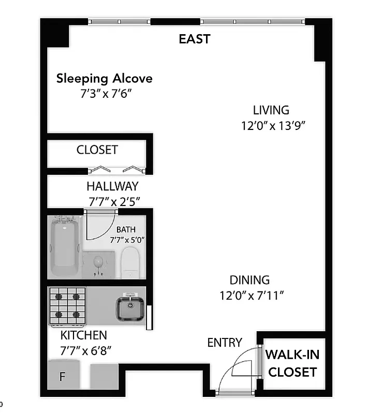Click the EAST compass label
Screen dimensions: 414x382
pyautogui.click(x=194, y=39)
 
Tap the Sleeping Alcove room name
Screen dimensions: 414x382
pyautogui.click(x=105, y=79)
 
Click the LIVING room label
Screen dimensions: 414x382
pyautogui.click(x=271, y=110)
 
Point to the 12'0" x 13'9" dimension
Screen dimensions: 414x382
pyautogui.click(x=271, y=125)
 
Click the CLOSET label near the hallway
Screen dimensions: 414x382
pyautogui.click(x=97, y=150)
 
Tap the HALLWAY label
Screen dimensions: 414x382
pyautogui.click(x=112, y=186)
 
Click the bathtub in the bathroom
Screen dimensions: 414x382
pyautogui.click(x=65, y=247)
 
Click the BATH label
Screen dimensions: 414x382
pyautogui.click(x=127, y=229)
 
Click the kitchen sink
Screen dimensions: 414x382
pyautogui.click(x=129, y=307)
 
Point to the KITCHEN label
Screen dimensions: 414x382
pyautogui.click(x=84, y=335)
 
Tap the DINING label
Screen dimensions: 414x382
pyautogui.click(x=250, y=280)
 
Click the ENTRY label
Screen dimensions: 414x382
pyautogui.click(x=225, y=342)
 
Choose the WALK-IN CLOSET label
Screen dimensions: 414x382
pyautogui.click(x=292, y=363)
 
